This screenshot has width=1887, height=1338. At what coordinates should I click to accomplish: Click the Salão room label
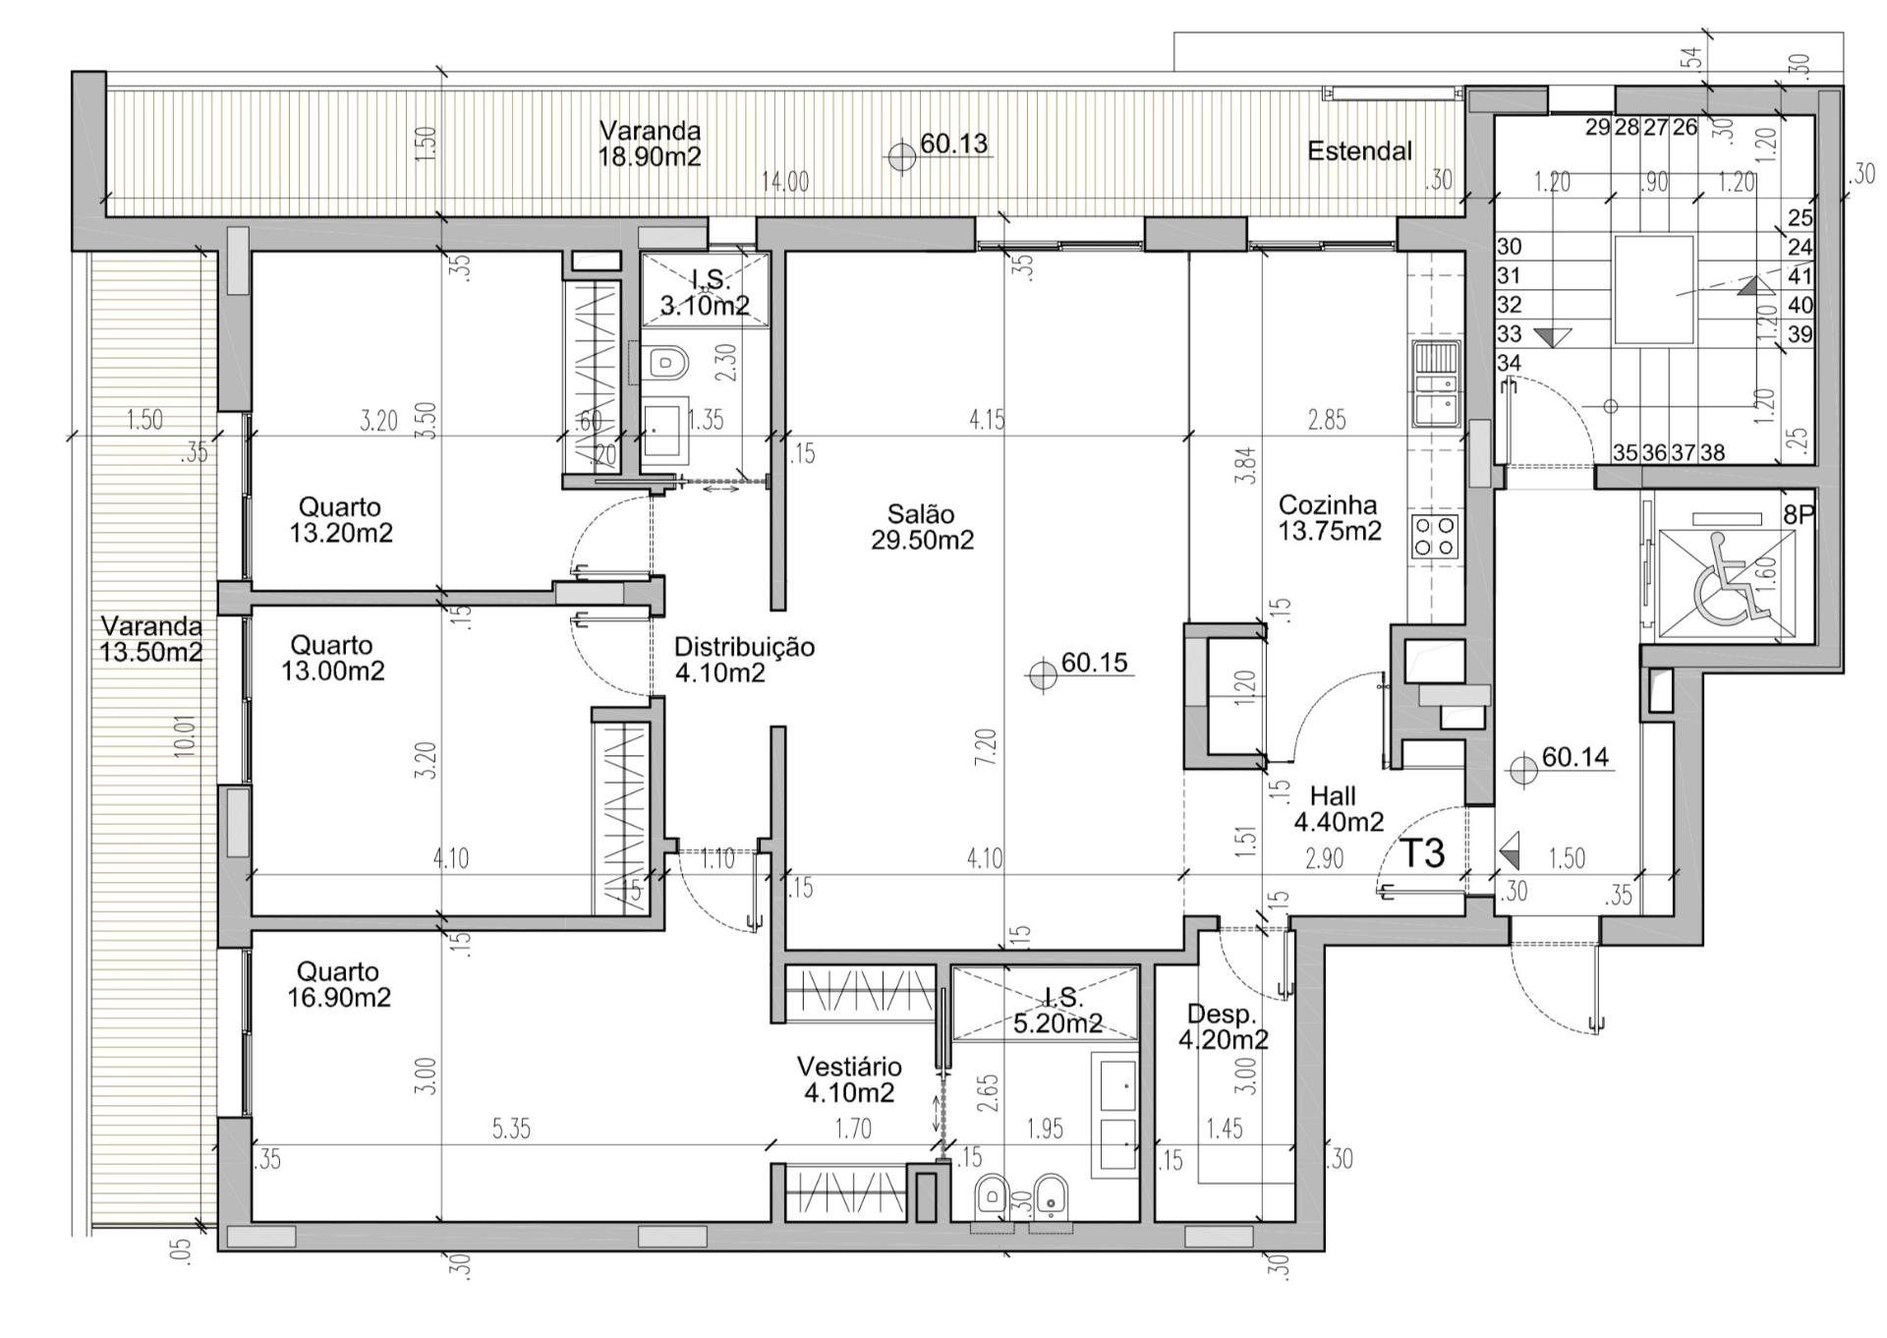coord(921,513)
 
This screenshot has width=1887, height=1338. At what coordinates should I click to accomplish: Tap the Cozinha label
coord(1327,505)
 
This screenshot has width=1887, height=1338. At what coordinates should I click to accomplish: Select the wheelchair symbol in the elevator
coord(1729,580)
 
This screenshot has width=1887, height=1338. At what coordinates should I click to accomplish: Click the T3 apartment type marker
coord(1422,853)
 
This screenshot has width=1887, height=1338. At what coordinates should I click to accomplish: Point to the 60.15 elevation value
coord(1094,663)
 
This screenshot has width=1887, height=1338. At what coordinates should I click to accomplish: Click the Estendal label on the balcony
coord(1359,151)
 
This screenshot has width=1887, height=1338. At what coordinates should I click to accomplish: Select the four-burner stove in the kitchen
coord(1435,537)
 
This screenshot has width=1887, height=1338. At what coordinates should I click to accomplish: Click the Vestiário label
coord(849,1067)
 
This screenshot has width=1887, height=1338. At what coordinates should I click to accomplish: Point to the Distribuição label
coord(744,647)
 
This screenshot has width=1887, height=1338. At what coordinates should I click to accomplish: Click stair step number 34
coord(1509,363)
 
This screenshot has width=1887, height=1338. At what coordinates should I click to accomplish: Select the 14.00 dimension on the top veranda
coord(785,182)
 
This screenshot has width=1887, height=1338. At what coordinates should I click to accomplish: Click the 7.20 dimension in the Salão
coord(987,747)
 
